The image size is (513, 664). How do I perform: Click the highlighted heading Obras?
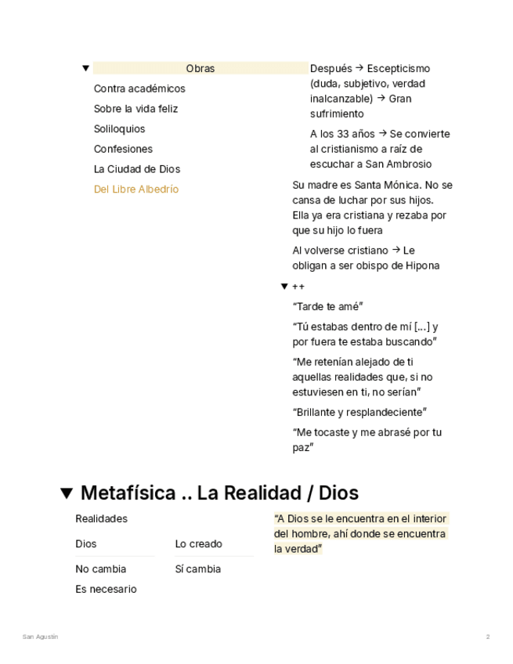201,69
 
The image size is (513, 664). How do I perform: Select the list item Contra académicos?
139,89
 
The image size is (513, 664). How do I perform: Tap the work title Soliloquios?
119,129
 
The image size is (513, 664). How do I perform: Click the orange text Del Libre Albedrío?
136,189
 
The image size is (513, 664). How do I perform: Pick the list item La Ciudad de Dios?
137,169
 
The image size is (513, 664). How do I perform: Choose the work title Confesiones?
123,150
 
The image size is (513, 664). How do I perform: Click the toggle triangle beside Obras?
85,69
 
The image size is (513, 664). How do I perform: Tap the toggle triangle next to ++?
284,287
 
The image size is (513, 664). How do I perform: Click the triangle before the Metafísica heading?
67,493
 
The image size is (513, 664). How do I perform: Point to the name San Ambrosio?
398,164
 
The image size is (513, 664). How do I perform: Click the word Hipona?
422,265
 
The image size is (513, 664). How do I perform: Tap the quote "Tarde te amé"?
327,307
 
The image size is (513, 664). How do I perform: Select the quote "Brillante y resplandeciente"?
359,413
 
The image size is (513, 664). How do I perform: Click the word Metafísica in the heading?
128,493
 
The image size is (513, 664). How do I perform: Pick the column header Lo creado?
198,544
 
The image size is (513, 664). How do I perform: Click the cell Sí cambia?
197,569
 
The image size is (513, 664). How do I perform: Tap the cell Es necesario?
106,590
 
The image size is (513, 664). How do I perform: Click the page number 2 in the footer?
487,637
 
